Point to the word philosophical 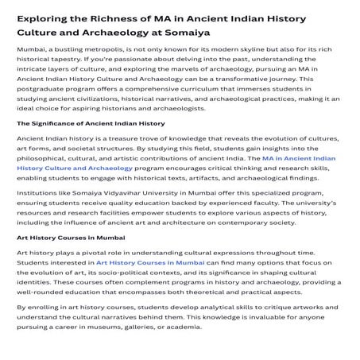pyautogui.click(x=47, y=159)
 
